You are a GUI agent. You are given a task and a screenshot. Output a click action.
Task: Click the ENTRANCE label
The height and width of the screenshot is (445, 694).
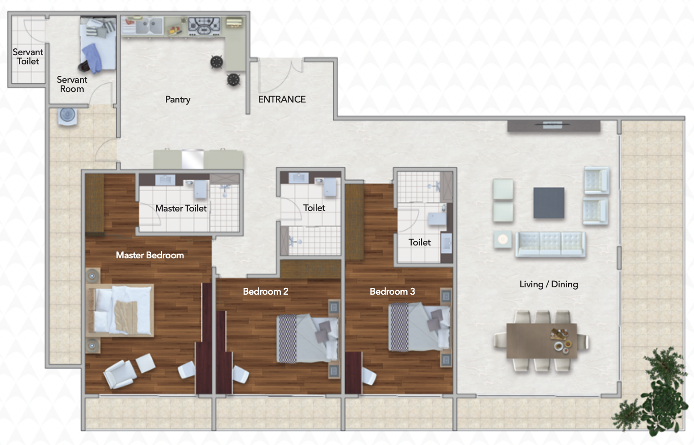coord(282,99)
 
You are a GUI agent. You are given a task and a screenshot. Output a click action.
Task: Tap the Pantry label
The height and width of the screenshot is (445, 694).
coord(177,99)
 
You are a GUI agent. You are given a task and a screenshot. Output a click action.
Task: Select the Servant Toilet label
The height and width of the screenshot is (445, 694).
coord(28,57)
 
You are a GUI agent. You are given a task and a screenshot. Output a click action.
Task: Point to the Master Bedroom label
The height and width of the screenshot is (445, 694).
coord(150,255)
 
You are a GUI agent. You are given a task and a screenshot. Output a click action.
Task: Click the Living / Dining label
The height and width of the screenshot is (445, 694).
coord(549,285)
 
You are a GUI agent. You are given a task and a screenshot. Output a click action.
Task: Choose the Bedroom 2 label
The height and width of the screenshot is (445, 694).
coord(266,291)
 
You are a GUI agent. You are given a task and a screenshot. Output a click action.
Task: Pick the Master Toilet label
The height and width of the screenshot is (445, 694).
coord(181,208)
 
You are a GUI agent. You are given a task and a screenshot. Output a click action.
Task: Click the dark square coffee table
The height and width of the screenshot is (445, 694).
coord(549,203)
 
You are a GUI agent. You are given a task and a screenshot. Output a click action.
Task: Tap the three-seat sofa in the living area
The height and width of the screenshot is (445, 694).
coord(551,245)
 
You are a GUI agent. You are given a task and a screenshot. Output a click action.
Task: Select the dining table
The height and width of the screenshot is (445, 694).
coord(541,341)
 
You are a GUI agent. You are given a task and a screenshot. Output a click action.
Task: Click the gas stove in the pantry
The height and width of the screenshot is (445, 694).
coord(205,26)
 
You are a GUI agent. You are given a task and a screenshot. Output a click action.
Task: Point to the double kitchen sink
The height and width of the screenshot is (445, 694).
coord(149,25)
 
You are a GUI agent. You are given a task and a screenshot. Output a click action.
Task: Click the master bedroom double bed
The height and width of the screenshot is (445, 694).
coord(120,310)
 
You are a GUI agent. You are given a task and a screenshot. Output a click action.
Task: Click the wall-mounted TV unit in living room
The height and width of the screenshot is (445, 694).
coord(554,126)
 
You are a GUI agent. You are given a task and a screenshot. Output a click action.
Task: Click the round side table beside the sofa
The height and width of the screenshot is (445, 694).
coord(502,240)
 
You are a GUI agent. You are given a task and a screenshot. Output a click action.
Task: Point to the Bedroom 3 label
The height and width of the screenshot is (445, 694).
coord(392,291)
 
